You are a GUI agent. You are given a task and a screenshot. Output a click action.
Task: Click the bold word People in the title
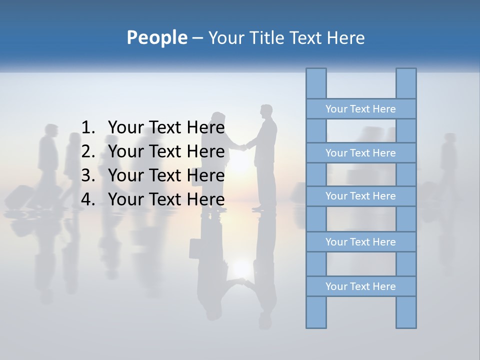(156, 37)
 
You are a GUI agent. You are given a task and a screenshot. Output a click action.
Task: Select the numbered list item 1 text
(166, 127)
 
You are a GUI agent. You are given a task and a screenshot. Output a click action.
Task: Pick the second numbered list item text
(166, 151)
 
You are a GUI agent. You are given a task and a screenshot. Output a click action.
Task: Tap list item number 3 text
(166, 175)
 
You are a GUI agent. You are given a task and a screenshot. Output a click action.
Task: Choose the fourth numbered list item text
(166, 199)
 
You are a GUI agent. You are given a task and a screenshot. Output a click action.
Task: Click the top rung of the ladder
(360, 109)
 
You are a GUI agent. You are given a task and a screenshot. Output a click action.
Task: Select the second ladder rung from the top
(360, 153)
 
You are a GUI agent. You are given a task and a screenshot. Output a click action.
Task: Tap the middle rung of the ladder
(360, 196)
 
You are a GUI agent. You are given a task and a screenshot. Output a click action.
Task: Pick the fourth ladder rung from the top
(360, 242)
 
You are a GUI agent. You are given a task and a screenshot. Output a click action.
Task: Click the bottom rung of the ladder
(360, 286)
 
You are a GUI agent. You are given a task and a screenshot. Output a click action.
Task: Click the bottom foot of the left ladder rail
(316, 324)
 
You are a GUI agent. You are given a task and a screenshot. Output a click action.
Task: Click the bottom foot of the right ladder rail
(406, 324)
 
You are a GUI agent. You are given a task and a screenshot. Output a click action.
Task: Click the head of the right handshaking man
(266, 110)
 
